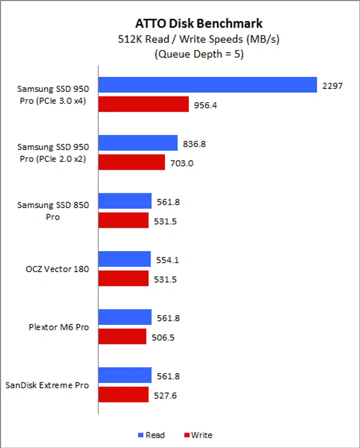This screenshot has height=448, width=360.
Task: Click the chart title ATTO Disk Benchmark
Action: pos(198,23)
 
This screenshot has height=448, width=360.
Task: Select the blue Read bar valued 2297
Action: pos(207,85)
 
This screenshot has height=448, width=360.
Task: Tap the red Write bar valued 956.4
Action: pos(143,104)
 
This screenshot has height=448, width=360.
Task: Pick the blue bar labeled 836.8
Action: pos(138,143)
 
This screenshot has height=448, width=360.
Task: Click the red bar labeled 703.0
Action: pos(131,162)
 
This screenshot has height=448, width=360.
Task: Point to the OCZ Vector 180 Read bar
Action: pos(124,259)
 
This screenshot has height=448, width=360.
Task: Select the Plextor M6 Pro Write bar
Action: pos(122,337)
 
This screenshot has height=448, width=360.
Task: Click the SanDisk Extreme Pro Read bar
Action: pos(125,375)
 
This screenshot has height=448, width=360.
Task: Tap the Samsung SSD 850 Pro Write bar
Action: pos(123,220)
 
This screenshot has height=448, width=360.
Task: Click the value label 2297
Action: pos(332,85)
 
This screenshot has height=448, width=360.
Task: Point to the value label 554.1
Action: pos(167,260)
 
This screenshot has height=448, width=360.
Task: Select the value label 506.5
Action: pos(163,337)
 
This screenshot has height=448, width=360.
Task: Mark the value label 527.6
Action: pos(165,395)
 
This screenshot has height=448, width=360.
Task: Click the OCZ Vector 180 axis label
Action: pos(57,269)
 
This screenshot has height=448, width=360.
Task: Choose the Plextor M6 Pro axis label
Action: pos(58,327)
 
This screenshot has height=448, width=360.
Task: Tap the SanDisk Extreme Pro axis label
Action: pos(47,385)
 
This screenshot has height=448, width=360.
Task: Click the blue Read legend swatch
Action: pos(140,435)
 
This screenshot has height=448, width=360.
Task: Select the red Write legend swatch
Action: pos(187,435)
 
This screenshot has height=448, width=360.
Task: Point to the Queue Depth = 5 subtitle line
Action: pos(198,54)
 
